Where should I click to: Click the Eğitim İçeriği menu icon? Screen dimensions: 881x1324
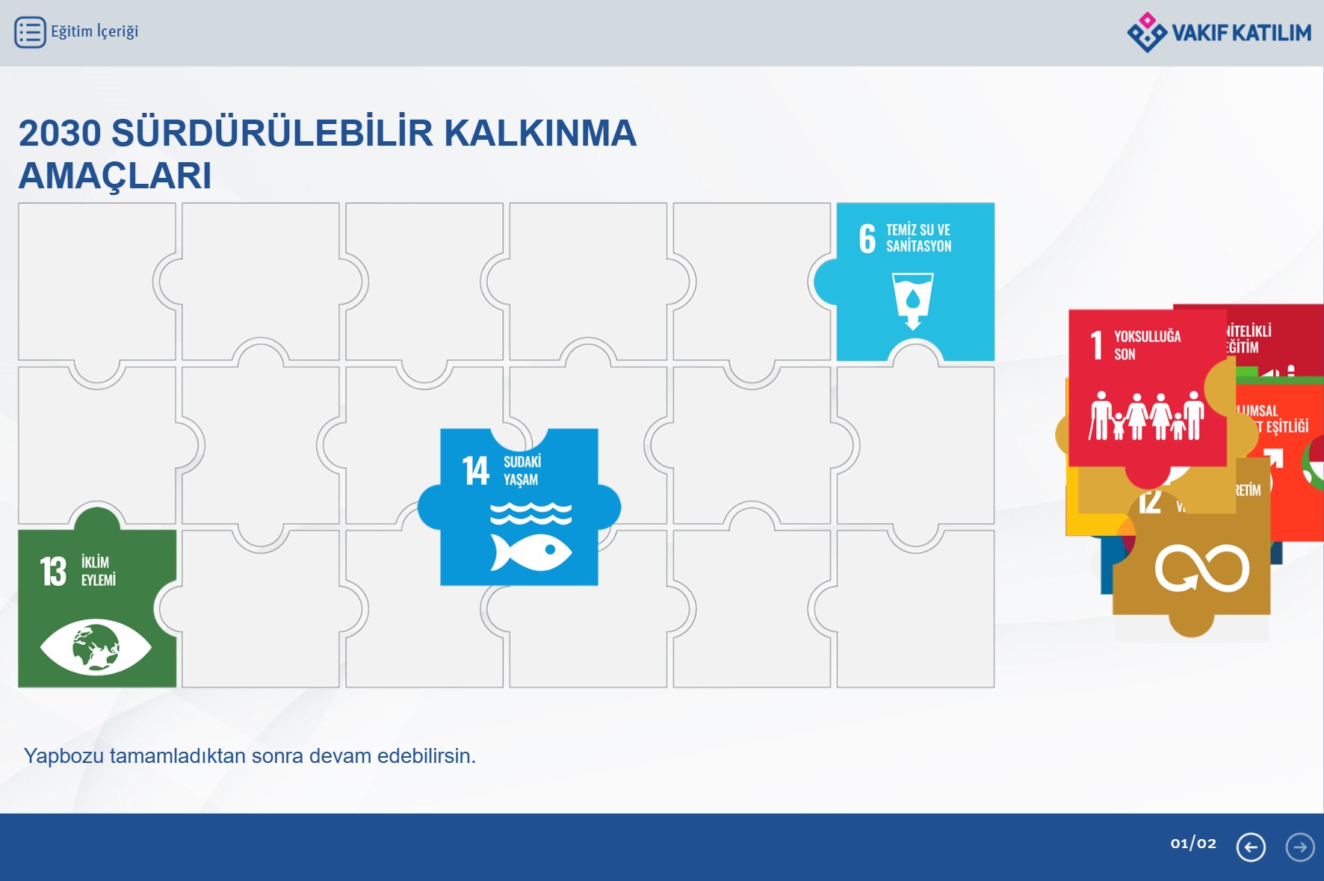point(30,32)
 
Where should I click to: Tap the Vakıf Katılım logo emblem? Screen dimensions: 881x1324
point(1146,32)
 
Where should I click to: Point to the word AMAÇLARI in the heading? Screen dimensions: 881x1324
point(115,176)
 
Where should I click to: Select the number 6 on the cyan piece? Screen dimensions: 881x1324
point(867,238)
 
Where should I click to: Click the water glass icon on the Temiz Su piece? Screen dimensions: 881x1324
point(912,300)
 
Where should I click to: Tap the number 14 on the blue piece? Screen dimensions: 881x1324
point(475,471)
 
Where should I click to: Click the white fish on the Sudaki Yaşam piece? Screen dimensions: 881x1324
point(530,552)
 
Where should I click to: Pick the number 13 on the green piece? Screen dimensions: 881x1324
point(53,572)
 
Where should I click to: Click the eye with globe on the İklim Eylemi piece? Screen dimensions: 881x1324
point(96,646)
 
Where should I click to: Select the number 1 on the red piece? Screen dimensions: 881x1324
point(1096,345)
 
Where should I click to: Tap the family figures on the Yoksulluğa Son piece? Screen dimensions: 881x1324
point(1146,416)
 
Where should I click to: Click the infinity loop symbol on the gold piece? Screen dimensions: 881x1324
point(1201,569)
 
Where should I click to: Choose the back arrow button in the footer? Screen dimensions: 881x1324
point(1251,847)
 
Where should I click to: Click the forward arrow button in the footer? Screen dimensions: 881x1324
point(1300,847)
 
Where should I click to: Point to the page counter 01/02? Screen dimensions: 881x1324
point(1193,844)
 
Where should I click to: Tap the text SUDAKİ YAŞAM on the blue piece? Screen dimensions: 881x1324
point(522,471)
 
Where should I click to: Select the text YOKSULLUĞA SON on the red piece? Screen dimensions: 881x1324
point(1147,345)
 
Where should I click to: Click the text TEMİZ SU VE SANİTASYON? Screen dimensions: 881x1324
point(918,238)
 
